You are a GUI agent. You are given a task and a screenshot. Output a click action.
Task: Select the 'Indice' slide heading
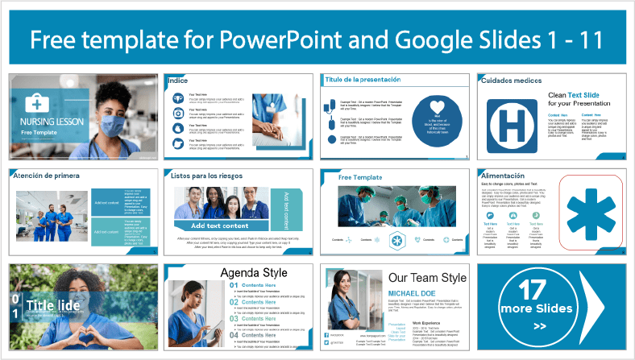[178, 81]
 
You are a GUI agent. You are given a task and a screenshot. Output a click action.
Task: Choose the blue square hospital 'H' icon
[508, 118]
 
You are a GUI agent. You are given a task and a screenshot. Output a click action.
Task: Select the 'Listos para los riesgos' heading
[205, 175]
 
